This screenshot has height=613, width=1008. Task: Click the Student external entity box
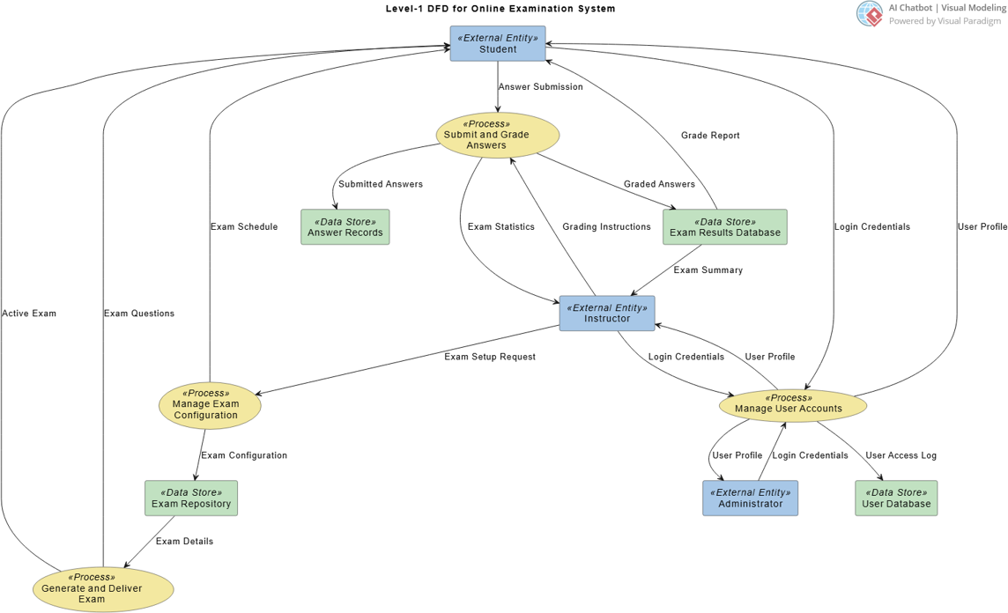click(x=498, y=43)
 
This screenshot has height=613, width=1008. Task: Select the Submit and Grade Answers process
click(x=498, y=135)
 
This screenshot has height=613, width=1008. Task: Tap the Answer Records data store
click(x=345, y=227)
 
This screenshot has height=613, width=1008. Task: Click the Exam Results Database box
click(x=724, y=227)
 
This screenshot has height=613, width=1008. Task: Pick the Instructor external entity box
click(x=606, y=313)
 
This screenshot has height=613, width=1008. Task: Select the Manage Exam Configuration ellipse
click(x=210, y=406)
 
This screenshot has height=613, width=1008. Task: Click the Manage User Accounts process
click(x=792, y=404)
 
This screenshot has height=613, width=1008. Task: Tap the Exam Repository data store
click(x=191, y=498)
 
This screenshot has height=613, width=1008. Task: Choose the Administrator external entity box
click(x=750, y=498)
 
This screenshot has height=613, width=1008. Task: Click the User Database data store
click(x=895, y=498)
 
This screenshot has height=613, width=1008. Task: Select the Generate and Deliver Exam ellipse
click(x=103, y=589)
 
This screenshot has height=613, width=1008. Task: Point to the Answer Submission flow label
click(x=540, y=87)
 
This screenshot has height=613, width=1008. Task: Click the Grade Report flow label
click(x=710, y=136)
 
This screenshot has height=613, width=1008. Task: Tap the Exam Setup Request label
click(x=489, y=357)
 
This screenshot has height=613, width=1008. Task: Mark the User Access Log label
click(x=901, y=455)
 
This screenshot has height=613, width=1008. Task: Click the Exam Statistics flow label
click(x=500, y=227)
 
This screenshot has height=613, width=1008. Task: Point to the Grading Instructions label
click(x=606, y=227)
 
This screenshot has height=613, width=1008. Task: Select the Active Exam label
click(x=29, y=314)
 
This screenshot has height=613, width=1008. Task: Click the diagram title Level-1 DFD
click(x=500, y=9)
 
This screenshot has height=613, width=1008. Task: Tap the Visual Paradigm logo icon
click(x=869, y=13)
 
